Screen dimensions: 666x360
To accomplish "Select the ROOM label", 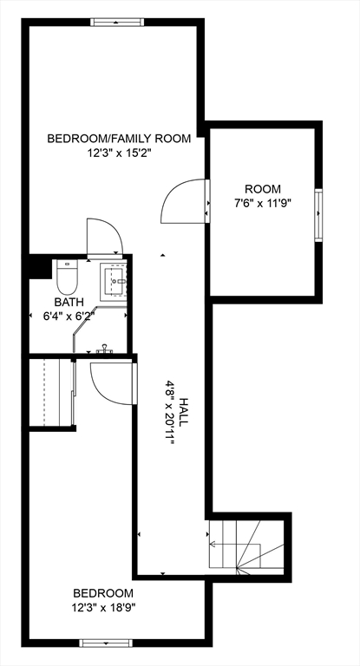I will [x=263, y=189].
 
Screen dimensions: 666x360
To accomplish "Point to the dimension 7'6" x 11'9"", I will [x=263, y=204].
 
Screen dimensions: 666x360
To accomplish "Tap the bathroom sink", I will [x=115, y=280].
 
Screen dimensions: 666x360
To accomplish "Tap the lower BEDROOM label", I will [x=103, y=593].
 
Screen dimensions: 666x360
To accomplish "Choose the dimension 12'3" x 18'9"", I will [x=103, y=608].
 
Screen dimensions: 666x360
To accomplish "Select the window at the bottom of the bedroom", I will [x=104, y=642].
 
